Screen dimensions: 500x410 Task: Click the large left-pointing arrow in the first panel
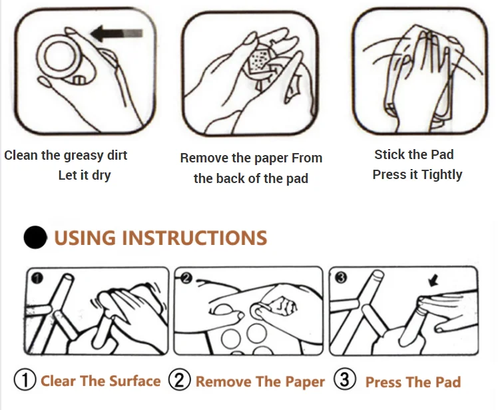[117, 33]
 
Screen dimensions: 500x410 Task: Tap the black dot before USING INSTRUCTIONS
[35, 237]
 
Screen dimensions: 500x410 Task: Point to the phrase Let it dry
[85, 175]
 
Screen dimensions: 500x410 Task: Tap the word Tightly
[441, 175]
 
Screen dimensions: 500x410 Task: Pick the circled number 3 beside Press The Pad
[345, 379]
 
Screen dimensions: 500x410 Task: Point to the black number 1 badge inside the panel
[37, 278]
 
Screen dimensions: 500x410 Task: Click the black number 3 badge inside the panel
[341, 278]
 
